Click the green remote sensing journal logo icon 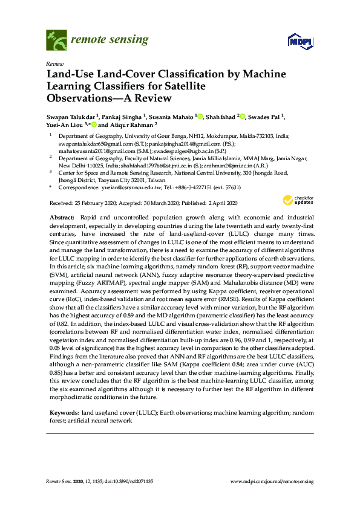click(x=56, y=40)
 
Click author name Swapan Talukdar click(x=71, y=116)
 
